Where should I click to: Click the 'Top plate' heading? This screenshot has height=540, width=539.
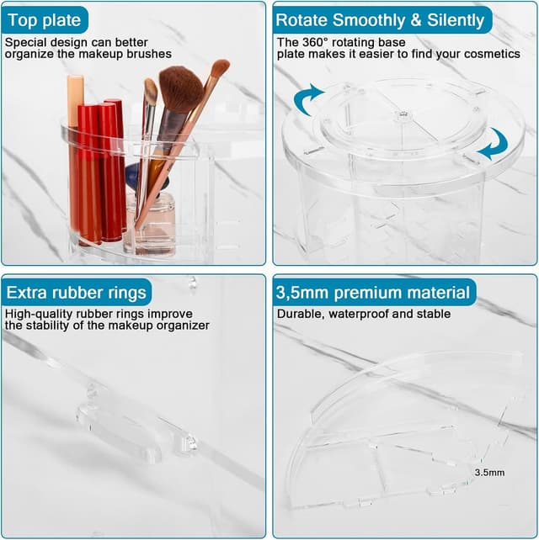44,19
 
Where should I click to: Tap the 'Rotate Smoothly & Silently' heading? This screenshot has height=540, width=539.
381,19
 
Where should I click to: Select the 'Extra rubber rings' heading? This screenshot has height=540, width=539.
76,293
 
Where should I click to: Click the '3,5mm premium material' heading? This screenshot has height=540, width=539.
373,293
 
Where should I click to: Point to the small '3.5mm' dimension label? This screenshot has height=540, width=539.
489,473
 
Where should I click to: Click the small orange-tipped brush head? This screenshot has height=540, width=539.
220,68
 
